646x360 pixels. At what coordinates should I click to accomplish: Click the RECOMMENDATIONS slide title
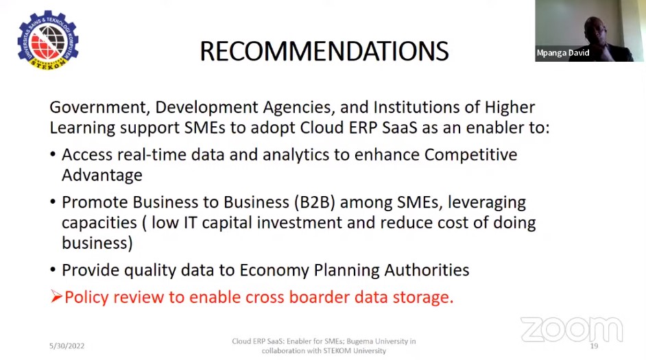tap(324, 51)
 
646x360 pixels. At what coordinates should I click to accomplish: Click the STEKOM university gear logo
tap(48, 40)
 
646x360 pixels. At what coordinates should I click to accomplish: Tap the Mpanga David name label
tap(563, 53)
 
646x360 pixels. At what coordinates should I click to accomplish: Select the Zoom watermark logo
tap(571, 330)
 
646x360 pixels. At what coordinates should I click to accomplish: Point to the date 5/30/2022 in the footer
tap(67, 346)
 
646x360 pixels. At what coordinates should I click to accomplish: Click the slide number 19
tap(594, 346)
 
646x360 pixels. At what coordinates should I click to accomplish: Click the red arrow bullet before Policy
tap(56, 296)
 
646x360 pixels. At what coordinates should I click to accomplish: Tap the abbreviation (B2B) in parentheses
tap(315, 203)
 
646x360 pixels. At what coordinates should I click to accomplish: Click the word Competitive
tap(470, 155)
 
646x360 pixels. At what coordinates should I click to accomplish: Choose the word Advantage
tap(101, 176)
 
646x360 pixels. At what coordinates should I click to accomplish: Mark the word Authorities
tap(427, 270)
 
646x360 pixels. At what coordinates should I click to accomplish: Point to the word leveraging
tap(487, 203)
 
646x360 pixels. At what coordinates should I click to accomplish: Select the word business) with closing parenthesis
tap(97, 243)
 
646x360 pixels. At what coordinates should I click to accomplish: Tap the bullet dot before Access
tap(53, 155)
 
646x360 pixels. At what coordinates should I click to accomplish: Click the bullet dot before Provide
tap(53, 270)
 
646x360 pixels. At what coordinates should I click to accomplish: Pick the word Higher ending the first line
tap(510, 108)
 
